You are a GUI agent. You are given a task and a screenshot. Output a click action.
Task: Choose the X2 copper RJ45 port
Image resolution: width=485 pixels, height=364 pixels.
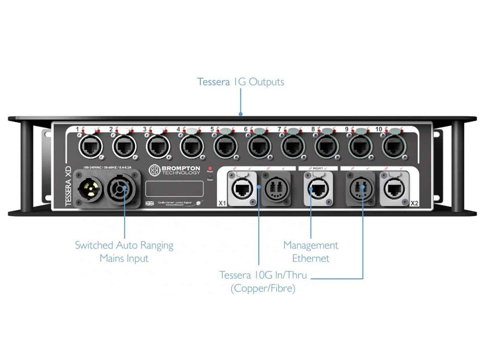coord(394,189)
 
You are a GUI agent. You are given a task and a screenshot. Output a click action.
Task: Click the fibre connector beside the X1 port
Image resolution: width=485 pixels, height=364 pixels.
coord(276,189)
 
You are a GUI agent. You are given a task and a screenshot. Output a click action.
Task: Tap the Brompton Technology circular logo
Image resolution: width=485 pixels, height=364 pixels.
coord(154,170)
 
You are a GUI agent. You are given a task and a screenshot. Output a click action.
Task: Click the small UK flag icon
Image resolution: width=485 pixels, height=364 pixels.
coord(150,203)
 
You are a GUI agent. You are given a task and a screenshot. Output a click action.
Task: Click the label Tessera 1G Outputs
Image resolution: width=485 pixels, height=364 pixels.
coord(240,82)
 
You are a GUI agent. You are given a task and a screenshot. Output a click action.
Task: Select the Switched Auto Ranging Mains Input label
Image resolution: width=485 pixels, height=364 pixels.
coord(124,252)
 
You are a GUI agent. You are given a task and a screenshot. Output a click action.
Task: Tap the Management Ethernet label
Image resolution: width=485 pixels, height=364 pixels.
coord(311,252)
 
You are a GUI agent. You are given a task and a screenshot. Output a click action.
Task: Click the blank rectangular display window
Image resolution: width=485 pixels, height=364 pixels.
coord(174,189)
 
